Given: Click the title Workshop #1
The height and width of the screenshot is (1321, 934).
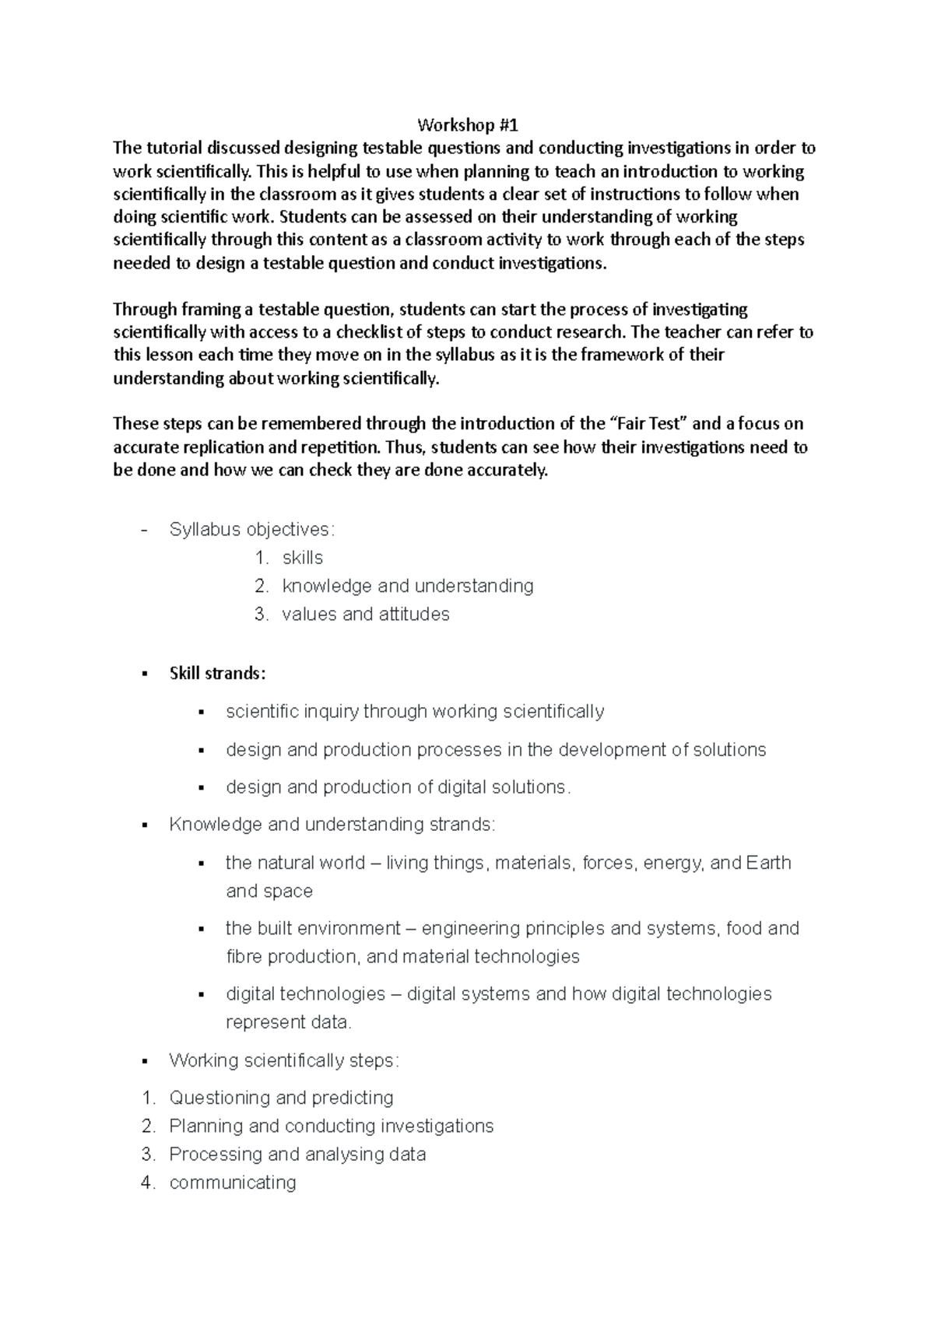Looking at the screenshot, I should click(x=467, y=125).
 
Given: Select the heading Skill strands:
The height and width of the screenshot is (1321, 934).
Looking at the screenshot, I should click(x=217, y=674).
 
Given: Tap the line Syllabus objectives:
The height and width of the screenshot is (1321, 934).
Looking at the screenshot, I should click(x=251, y=530).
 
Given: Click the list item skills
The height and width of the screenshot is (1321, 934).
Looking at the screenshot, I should click(x=302, y=558).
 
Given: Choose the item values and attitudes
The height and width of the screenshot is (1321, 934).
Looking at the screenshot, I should click(x=365, y=615).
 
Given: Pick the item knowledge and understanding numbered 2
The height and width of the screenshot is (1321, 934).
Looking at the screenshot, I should click(x=407, y=586).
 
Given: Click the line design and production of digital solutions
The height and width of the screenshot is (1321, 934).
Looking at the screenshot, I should click(x=398, y=787).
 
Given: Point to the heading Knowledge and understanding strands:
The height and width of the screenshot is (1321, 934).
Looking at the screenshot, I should click(x=332, y=825).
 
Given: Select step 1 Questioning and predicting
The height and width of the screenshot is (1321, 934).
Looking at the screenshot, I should click(x=281, y=1098).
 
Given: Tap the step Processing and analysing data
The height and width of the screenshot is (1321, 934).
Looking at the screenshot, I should click(x=297, y=1155).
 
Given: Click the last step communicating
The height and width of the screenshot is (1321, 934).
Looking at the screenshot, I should click(x=233, y=1183).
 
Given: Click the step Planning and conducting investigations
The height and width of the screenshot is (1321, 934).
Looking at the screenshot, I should click(x=331, y=1127).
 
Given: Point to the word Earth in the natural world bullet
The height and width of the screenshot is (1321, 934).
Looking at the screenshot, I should click(x=768, y=863).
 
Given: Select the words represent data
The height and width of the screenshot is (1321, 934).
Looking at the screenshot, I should click(x=288, y=1022).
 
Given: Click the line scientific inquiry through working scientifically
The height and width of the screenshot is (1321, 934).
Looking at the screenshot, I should click(x=415, y=712).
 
